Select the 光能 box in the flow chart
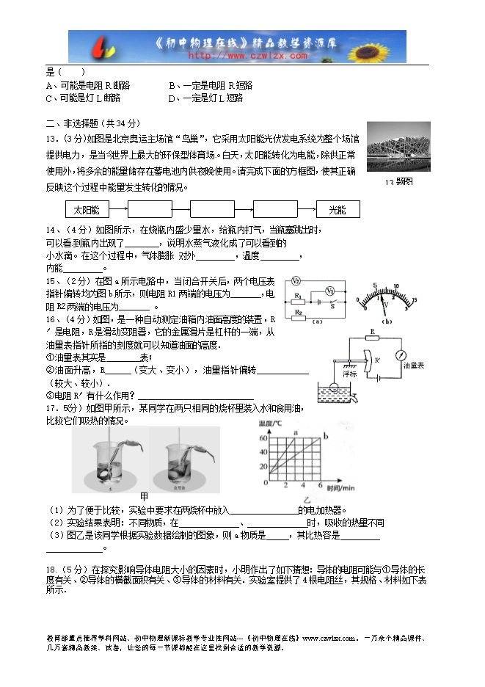tap(338, 210)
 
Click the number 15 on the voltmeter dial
tap(415, 299)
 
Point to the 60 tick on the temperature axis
tap(264, 438)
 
